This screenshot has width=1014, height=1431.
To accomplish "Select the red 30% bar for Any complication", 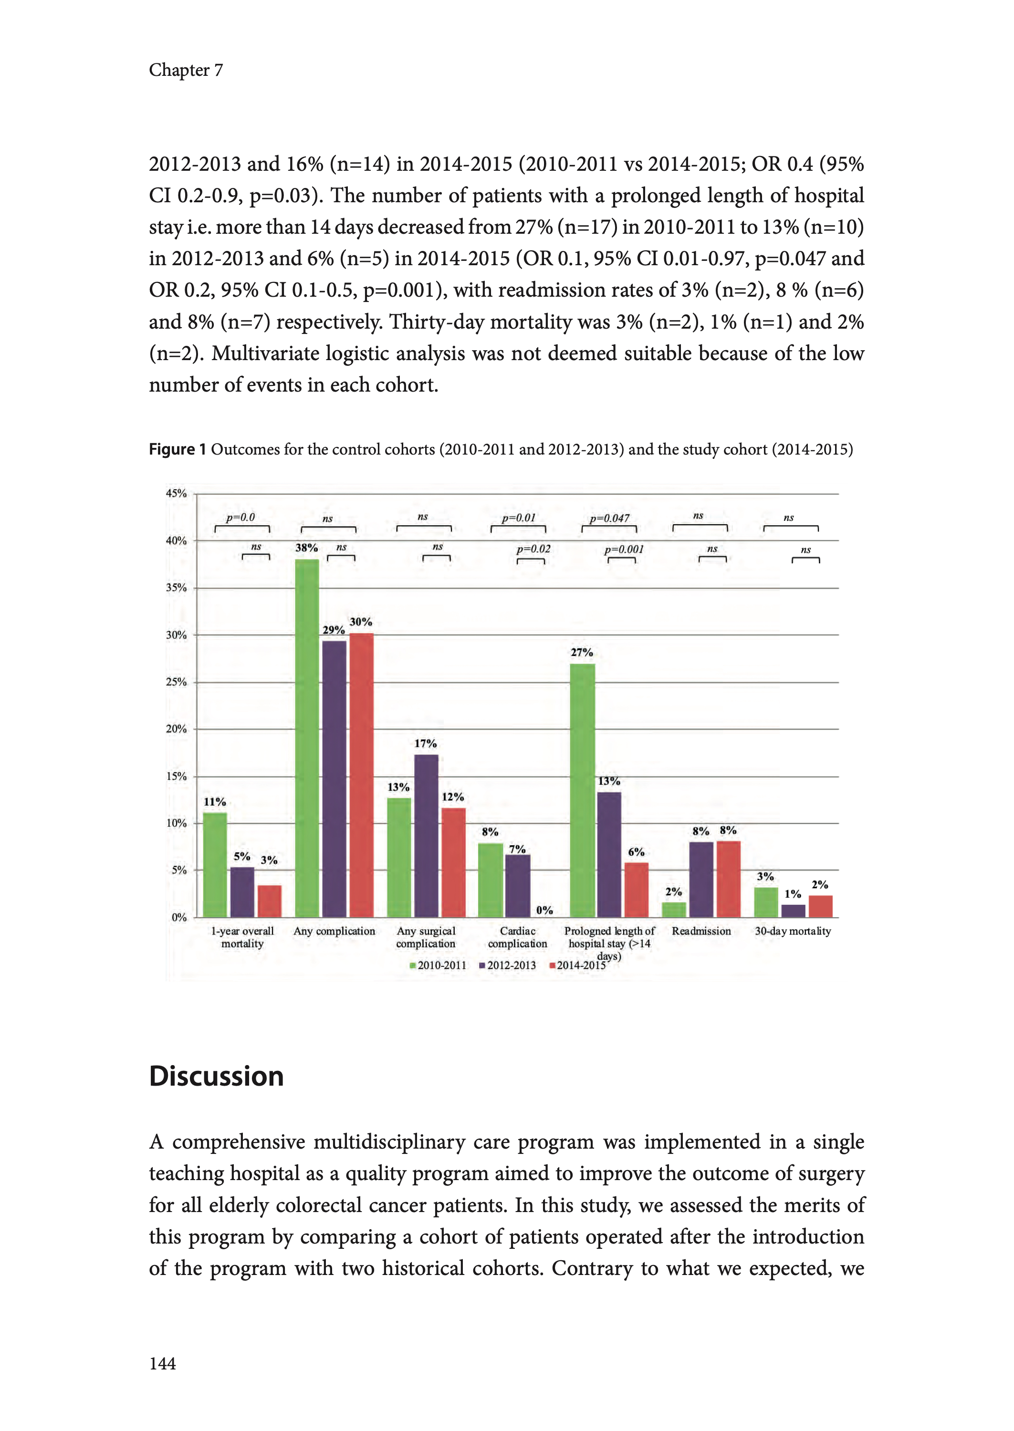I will (x=362, y=775).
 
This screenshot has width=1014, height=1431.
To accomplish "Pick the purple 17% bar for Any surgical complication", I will (x=427, y=836).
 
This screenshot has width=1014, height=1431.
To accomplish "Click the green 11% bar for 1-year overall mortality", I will (x=215, y=864).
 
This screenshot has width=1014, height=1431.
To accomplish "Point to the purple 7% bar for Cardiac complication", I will (x=518, y=886).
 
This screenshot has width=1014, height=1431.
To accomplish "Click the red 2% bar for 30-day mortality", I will (x=820, y=906).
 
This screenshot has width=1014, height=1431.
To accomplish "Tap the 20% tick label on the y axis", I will (x=176, y=729).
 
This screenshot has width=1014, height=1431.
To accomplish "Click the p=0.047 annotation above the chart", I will (x=609, y=518).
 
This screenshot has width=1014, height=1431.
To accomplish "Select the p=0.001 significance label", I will (x=623, y=549).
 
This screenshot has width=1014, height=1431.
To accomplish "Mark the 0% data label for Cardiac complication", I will (x=544, y=910).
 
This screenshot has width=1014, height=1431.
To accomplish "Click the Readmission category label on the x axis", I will (x=701, y=931).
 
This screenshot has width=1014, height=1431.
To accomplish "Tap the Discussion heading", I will (x=216, y=1077).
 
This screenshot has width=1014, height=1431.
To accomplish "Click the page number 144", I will (x=162, y=1364).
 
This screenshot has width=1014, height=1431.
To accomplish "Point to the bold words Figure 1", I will (x=178, y=449).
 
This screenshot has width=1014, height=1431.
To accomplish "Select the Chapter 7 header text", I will (x=186, y=70).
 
